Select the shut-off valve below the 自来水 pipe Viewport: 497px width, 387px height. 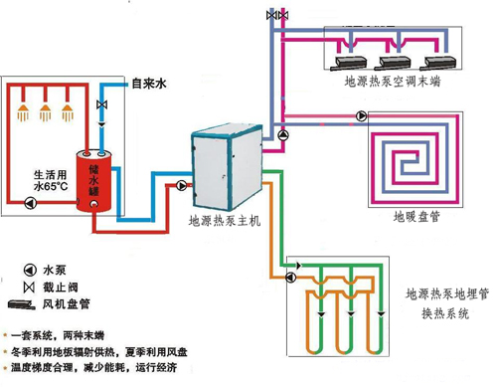[x=101, y=105]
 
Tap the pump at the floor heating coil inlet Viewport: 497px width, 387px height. [x=283, y=134]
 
